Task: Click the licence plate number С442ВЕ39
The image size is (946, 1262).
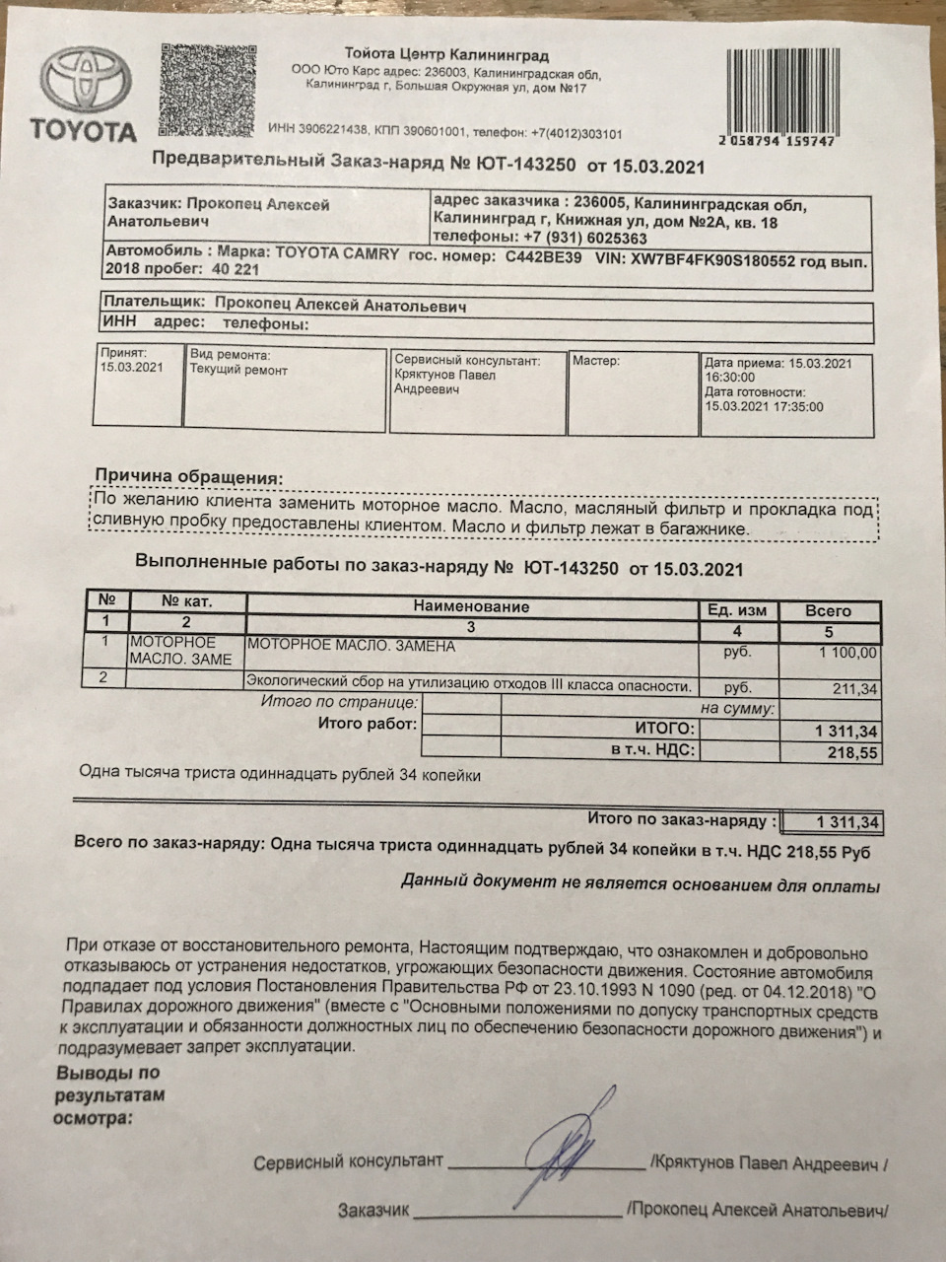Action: click(543, 255)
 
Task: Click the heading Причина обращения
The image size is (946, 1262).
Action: click(188, 477)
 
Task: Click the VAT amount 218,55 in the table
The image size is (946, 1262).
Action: click(853, 751)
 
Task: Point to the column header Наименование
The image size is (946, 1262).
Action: click(471, 607)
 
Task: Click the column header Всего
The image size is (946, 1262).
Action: click(828, 610)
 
